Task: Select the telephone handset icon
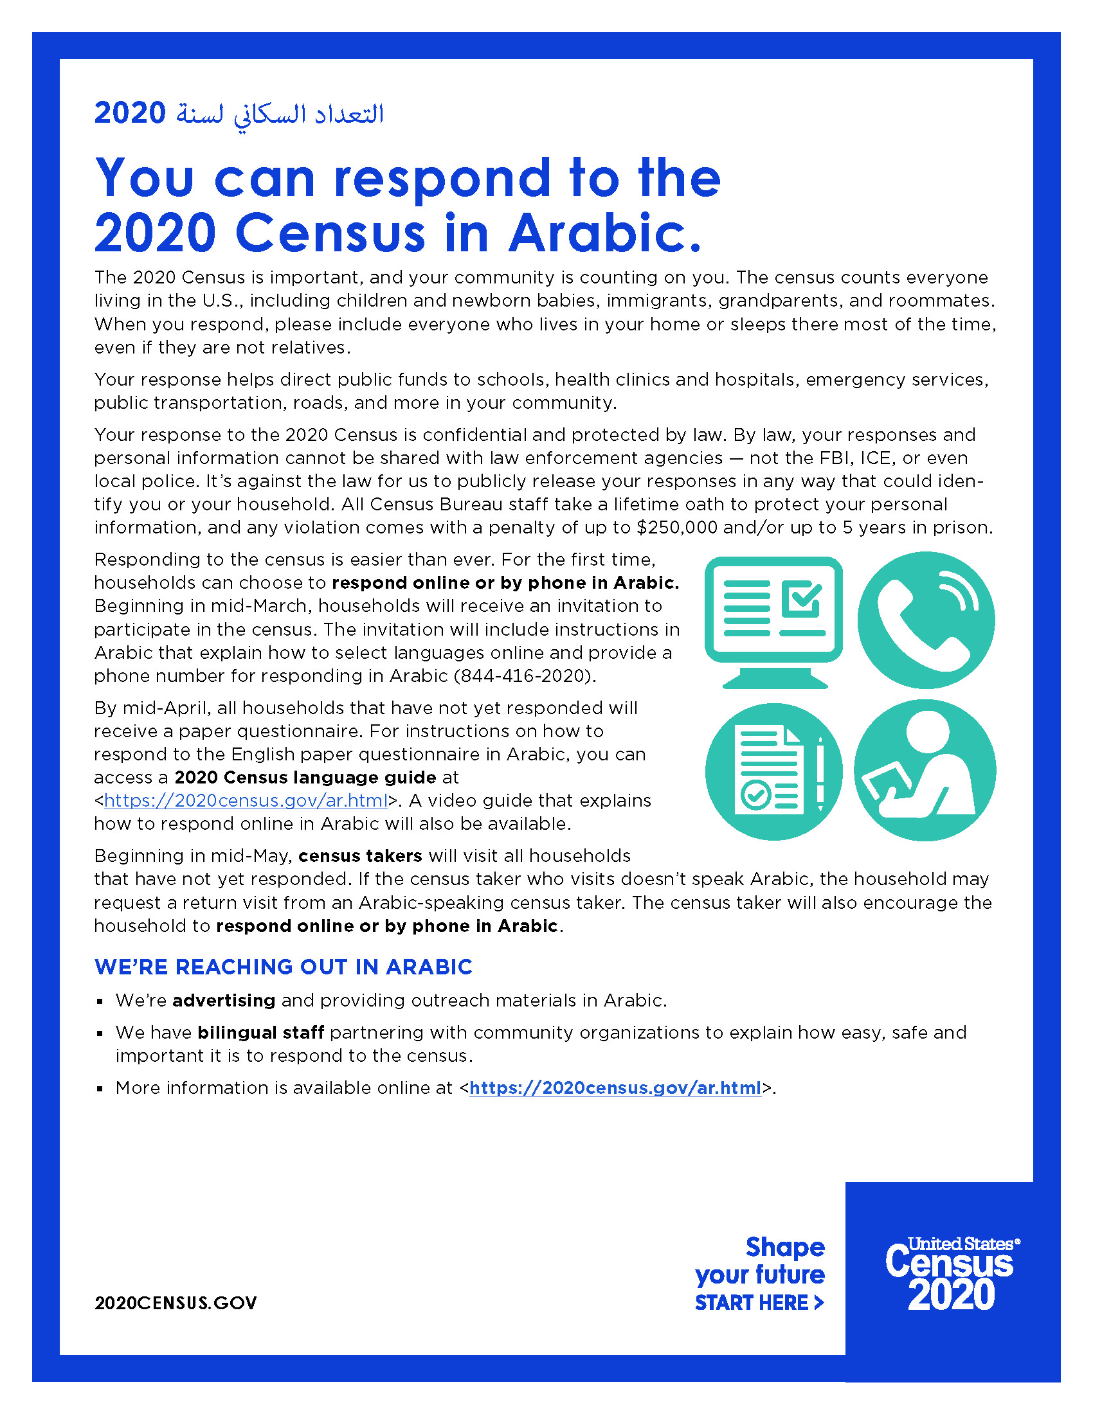coord(925,620)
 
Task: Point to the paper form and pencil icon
coord(773,771)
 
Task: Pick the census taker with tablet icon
coord(925,771)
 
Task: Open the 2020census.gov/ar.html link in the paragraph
coord(246,801)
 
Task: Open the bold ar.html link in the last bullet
coord(615,1088)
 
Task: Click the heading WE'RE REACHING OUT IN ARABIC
coord(283,967)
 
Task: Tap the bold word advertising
coord(223,1001)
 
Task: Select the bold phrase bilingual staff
coord(260,1033)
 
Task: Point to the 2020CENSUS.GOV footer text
coord(176,1303)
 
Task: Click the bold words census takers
coord(360,856)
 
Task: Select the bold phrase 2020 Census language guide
coord(305,778)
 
